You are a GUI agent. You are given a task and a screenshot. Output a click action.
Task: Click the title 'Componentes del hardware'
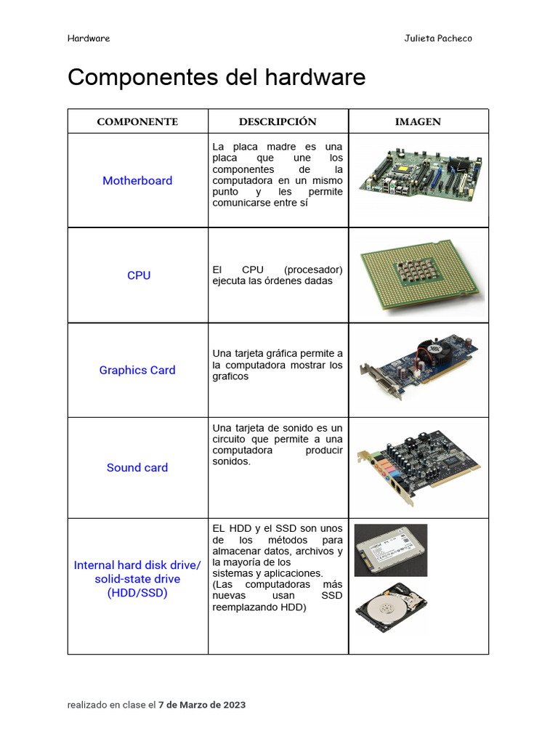217,78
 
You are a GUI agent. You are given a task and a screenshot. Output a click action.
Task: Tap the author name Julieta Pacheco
437,39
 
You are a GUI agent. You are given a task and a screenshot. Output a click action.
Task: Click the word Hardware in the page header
89,39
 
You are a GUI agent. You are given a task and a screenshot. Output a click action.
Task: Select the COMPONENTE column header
137,122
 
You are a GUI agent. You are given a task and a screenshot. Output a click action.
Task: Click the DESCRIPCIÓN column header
278,122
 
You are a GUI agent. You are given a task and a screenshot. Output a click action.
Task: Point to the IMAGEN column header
418,122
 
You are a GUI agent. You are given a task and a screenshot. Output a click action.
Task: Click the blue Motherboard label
137,181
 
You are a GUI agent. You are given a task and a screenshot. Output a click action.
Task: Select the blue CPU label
138,275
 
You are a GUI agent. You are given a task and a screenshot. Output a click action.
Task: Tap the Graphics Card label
137,370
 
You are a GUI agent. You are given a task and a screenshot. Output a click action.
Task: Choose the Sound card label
137,467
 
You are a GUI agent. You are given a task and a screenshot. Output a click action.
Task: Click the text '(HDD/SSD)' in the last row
137,593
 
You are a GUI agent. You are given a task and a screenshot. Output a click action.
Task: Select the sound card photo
418,466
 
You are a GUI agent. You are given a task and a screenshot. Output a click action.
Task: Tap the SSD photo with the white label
390,550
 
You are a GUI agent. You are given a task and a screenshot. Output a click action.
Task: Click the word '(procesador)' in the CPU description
313,270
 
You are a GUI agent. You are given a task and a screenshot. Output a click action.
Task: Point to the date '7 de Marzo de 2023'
202,705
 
